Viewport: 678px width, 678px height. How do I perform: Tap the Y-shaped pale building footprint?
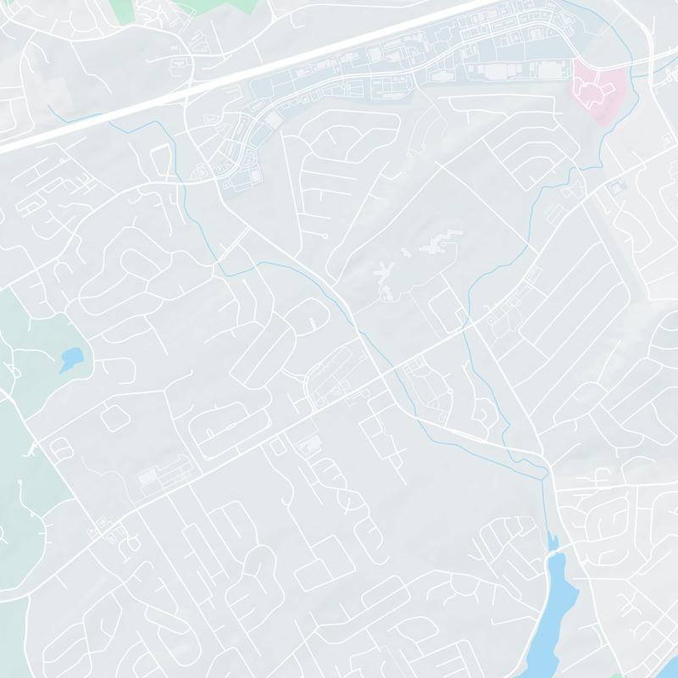point(383,275)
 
